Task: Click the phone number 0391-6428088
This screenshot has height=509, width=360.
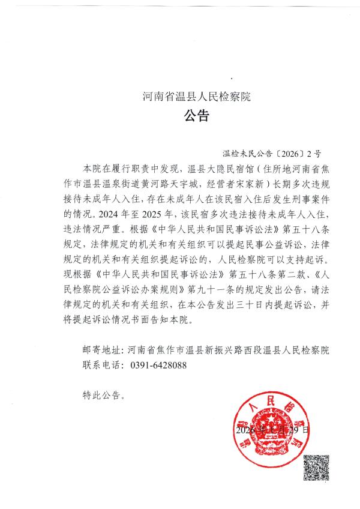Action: (x=158, y=364)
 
